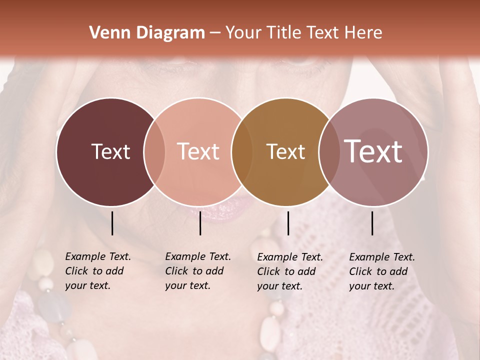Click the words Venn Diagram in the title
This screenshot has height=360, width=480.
(x=147, y=33)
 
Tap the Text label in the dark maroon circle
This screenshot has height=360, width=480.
(x=110, y=151)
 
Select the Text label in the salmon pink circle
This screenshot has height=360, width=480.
(x=198, y=151)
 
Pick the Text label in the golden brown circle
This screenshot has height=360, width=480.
(x=285, y=151)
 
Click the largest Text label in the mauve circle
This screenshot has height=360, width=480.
(x=373, y=151)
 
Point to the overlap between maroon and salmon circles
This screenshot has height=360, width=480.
(x=154, y=152)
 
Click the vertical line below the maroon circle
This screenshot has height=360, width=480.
(x=112, y=223)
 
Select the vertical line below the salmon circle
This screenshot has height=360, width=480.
(x=200, y=223)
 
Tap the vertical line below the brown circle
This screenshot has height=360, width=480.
(x=288, y=223)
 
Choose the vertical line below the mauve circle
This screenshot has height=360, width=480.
(x=372, y=223)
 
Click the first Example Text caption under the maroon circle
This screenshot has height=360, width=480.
(x=98, y=271)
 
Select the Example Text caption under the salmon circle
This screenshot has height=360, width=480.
(x=198, y=271)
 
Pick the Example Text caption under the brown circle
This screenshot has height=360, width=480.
(x=290, y=271)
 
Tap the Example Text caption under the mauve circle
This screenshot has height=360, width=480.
(x=382, y=271)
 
